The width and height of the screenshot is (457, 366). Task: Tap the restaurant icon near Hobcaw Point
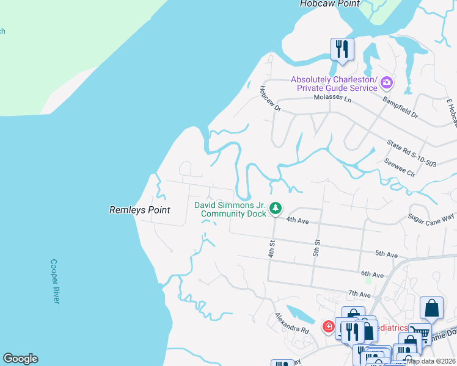pyautogui.click(x=342, y=49)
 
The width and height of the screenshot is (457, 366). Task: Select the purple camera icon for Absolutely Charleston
pyautogui.click(x=386, y=82)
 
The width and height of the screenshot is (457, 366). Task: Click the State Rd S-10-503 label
pyautogui.click(x=412, y=153)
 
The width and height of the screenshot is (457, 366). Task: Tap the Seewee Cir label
pyautogui.click(x=400, y=168)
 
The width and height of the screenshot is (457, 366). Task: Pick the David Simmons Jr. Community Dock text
pyautogui.click(x=230, y=209)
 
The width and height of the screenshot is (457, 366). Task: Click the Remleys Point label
pyautogui.click(x=139, y=210)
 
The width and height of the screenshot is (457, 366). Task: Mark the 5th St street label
pyautogui.click(x=316, y=248)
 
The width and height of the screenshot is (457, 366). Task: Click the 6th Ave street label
pyautogui.click(x=372, y=275)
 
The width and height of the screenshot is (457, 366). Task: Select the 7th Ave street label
pyautogui.click(x=360, y=295)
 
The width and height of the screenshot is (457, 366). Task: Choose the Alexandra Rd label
pyautogui.click(x=291, y=323)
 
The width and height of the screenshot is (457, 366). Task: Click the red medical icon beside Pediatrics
pyautogui.click(x=329, y=327)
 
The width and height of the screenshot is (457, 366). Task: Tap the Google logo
pyautogui.click(x=20, y=359)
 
